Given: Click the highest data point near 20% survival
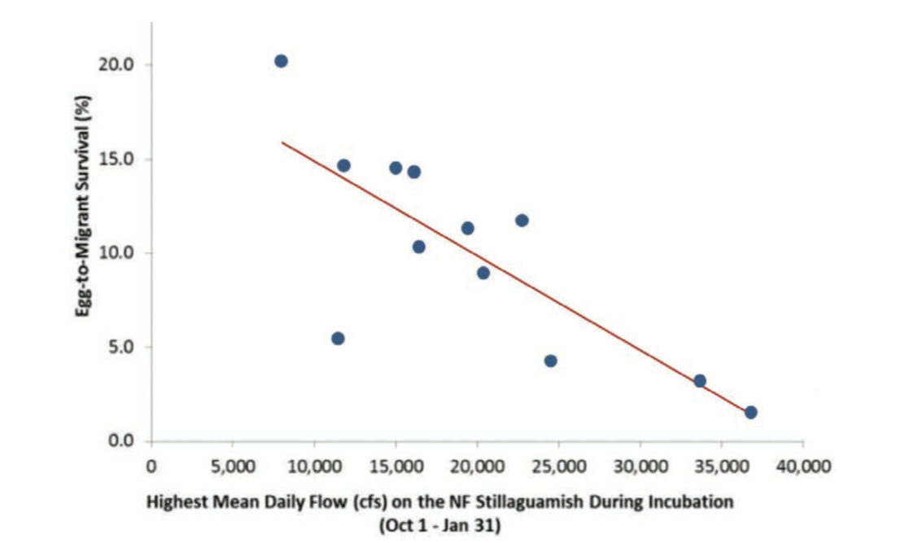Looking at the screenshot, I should pyautogui.click(x=281, y=61).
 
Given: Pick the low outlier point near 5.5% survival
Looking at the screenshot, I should pyautogui.click(x=338, y=339).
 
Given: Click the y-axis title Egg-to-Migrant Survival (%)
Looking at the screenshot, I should pyautogui.click(x=83, y=207).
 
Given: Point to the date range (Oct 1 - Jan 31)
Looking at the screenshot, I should pyautogui.click(x=439, y=525).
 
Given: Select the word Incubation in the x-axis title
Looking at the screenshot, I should pyautogui.click(x=696, y=502).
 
